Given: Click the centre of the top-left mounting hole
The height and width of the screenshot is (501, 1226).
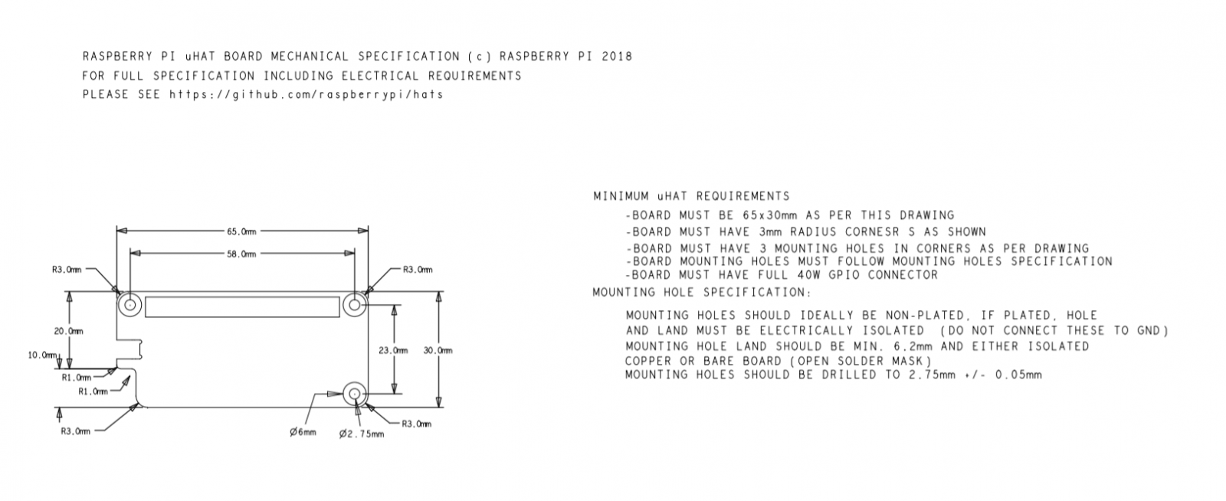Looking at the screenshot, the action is click(129, 305).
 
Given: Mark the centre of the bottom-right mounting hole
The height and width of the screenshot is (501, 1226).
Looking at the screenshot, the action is click(354, 393).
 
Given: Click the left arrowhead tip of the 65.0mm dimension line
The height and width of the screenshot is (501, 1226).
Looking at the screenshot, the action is click(117, 231).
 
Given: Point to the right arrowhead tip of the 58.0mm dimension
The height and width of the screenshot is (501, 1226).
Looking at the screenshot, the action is click(354, 254).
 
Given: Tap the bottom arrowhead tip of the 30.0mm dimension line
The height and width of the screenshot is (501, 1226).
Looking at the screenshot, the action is click(438, 407).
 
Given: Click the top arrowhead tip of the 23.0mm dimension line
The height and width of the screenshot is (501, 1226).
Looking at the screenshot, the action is click(394, 305).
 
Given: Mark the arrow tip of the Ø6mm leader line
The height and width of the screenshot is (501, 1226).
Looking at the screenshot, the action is click(343, 394).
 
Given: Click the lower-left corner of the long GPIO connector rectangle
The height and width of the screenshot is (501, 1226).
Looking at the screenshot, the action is click(146, 316).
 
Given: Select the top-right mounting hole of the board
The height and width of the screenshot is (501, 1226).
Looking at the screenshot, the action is click(354, 305).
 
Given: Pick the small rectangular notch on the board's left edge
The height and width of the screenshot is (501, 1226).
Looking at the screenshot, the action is click(130, 349).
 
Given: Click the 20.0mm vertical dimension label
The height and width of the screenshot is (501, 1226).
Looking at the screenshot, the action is click(68, 331).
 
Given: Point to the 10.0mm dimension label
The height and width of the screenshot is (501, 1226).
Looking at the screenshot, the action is click(42, 355).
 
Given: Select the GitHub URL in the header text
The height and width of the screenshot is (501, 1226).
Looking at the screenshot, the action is click(306, 95).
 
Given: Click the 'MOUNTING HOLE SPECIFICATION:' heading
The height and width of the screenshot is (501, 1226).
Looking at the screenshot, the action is click(702, 293).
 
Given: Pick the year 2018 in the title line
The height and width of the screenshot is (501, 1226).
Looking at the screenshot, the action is click(617, 57).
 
